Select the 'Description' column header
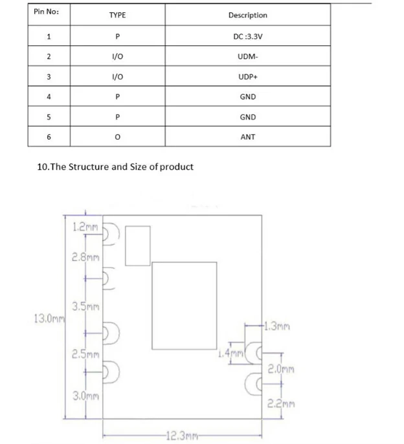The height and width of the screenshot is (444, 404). point(247,15)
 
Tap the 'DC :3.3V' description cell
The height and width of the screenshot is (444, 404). point(247,36)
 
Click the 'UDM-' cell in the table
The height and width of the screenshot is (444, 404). point(247,57)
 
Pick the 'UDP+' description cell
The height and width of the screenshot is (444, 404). point(247,77)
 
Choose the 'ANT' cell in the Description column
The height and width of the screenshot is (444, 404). point(247,137)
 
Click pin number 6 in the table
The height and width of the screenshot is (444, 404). point(49,137)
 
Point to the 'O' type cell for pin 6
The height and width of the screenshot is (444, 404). point(117,137)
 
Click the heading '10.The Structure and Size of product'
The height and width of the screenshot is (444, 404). point(116,167)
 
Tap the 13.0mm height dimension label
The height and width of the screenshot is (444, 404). point(49,318)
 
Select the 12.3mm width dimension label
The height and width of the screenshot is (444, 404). point(181,436)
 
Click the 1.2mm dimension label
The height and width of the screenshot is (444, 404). point(85,227)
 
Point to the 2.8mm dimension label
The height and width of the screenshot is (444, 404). point(86,257)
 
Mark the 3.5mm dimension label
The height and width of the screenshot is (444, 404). point(85,306)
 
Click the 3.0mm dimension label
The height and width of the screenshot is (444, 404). point(85,396)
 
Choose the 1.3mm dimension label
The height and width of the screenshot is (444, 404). point(276,326)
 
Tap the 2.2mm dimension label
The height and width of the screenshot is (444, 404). point(282,405)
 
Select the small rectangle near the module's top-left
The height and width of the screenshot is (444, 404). point(137,245)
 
